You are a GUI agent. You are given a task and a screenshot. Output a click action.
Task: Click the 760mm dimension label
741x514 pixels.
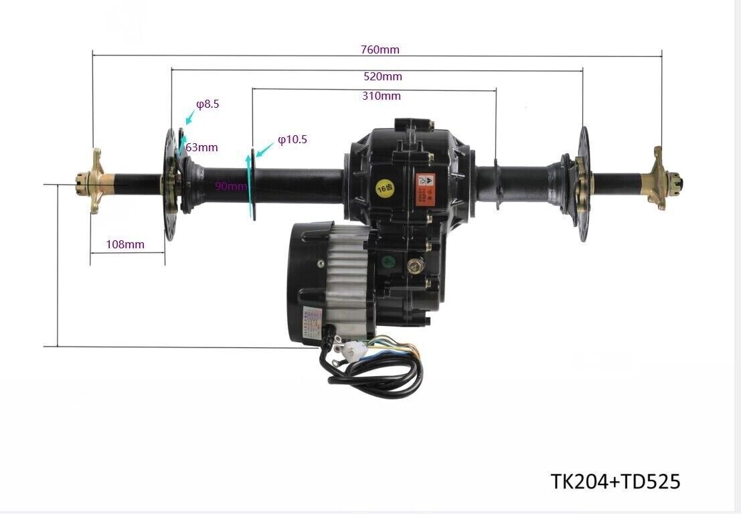pos(380,50)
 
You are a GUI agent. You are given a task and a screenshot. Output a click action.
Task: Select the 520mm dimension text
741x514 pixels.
pos(382,76)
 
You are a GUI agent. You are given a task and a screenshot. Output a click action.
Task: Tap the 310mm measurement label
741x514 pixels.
pos(382,96)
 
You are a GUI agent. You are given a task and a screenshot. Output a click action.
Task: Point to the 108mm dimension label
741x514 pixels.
pos(125,244)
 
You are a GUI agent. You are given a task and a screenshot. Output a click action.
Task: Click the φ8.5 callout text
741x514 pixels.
pos(208,104)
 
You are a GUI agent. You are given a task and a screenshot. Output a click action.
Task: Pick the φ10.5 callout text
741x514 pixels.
pos(293,140)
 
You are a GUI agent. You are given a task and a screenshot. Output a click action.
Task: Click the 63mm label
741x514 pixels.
pos(202,147)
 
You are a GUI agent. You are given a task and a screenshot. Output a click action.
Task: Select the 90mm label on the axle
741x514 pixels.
pos(230,186)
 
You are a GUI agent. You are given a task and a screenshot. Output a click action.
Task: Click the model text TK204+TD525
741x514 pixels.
pos(615,481)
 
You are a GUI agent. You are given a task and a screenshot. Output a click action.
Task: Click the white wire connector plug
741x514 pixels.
pos(349,348)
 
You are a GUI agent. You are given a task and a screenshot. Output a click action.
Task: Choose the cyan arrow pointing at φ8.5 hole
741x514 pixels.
pos(189,117)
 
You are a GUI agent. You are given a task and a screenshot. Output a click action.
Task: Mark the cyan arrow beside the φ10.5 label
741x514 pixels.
pos(265,150)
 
